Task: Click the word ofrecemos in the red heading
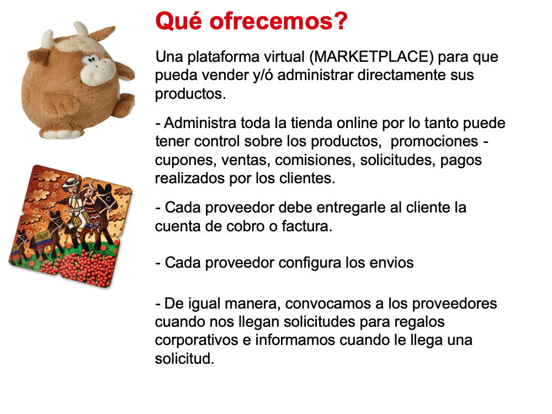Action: coord(278,21)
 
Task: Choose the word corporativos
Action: coord(197,341)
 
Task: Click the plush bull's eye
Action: coord(89,59)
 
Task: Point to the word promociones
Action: coord(434,142)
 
